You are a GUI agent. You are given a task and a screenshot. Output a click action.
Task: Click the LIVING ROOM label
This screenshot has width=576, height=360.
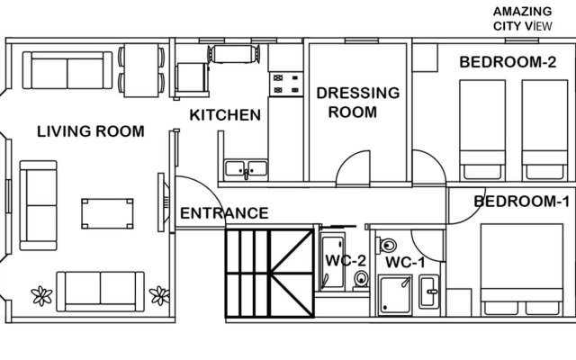coord(90,131)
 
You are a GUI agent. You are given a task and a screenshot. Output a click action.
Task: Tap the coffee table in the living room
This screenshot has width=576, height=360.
coord(108,214)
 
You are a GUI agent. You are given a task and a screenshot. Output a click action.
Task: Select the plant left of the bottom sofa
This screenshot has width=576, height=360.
coord(40,295)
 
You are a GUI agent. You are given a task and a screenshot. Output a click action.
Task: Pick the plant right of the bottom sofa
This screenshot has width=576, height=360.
coord(159,295)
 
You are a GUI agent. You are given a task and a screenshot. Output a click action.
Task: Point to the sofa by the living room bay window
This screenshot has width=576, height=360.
coord(39,205)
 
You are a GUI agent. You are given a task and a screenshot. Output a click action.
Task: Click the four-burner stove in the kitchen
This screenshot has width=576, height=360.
coord(286,84)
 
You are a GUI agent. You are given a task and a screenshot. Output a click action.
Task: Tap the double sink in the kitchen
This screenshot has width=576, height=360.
coord(246,167)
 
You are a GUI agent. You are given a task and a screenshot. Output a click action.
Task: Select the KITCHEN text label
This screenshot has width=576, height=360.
coord(225,115)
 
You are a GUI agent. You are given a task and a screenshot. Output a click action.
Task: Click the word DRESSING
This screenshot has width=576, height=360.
coord(357,93)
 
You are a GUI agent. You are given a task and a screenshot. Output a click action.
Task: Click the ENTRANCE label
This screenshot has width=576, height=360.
coord(224,213)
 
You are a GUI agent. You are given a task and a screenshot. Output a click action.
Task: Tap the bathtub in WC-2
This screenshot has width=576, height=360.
coord(331,260)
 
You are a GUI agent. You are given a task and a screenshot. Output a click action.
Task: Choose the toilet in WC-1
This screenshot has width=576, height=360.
coord(388,245)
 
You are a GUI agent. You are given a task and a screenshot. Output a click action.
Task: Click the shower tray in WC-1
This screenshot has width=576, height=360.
coord(395,295)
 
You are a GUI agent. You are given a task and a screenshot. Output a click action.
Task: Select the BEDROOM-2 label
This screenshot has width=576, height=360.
coord(508,62)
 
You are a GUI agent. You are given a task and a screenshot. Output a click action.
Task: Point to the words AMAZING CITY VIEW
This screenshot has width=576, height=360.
coord(522,18)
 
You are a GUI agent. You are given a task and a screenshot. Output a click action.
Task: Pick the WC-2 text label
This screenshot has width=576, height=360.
coord(346,262)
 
